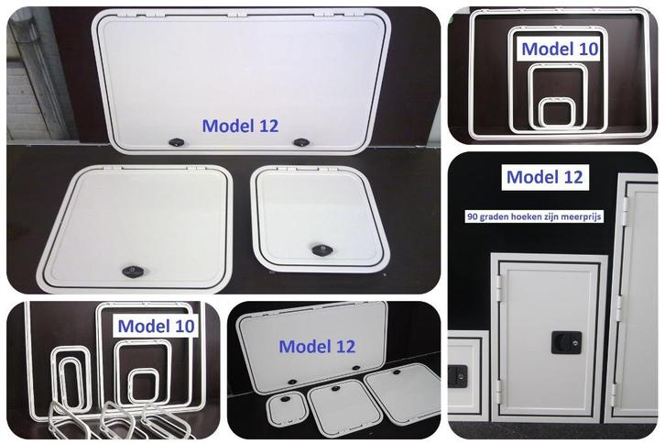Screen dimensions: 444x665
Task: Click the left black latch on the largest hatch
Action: [x=175, y=140]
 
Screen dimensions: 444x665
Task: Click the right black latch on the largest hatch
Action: [x=301, y=142]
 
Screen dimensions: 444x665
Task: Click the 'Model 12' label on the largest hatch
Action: [x=239, y=125]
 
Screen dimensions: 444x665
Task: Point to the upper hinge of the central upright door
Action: [x=500, y=283]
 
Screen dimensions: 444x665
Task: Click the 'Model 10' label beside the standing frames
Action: [x=157, y=327]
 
